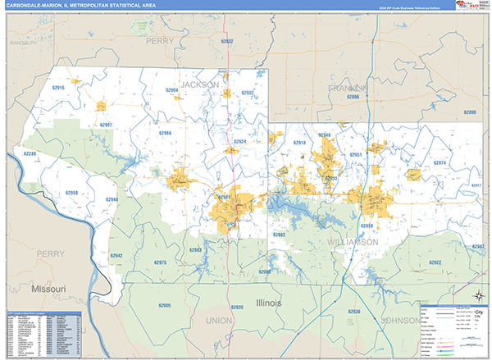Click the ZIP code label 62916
[57, 87]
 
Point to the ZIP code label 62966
[165, 132]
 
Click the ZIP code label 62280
[30, 154]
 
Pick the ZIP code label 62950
[71, 193]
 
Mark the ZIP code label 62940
[112, 200]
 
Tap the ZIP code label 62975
[160, 262]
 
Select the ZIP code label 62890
[469, 112]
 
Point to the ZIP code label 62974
[440, 163]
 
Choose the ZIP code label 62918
[299, 143]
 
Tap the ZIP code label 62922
[435, 262]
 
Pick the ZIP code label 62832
[227, 41]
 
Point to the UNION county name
[220, 320]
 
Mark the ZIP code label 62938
[354, 312]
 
